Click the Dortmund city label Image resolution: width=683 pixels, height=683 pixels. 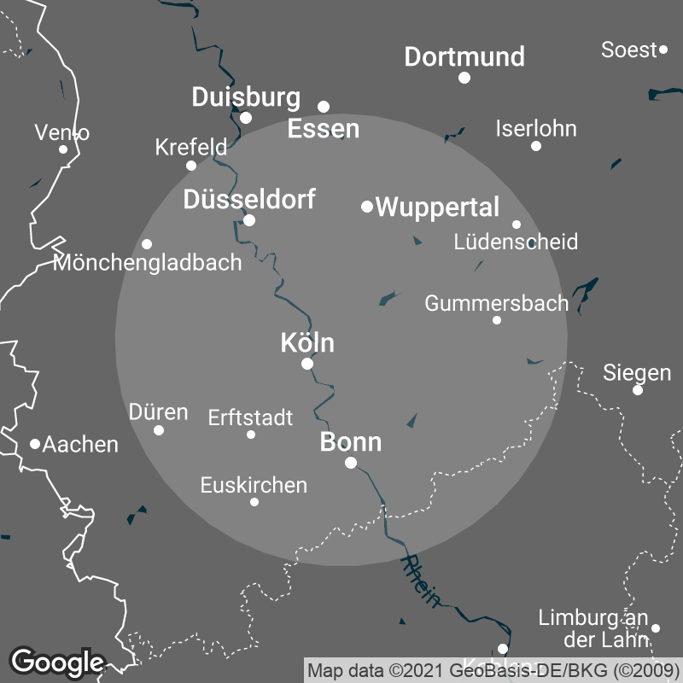[x=464, y=57]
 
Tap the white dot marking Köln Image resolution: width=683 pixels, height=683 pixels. [x=307, y=364]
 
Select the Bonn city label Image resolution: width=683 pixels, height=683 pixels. [x=350, y=442]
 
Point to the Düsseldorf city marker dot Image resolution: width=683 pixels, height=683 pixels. [x=249, y=220]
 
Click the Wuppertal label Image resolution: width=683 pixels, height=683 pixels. [x=437, y=207]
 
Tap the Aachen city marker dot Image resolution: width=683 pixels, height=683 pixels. [x=35, y=444]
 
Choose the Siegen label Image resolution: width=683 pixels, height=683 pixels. [x=637, y=373]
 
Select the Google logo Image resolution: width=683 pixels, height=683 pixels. [x=56, y=662]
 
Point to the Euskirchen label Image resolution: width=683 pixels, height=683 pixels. [x=254, y=485]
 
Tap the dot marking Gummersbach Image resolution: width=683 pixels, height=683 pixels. [x=497, y=320]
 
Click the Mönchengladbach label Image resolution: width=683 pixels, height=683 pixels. [x=148, y=262]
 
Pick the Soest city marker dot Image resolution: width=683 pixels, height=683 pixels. [x=663, y=50]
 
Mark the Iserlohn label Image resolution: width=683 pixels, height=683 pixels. [x=536, y=129]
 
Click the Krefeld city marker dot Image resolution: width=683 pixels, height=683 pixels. [x=191, y=166]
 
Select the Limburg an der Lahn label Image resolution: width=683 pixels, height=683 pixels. [x=594, y=629]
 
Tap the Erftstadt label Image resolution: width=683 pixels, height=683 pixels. [x=250, y=417]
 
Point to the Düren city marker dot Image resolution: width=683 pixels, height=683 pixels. [x=159, y=429]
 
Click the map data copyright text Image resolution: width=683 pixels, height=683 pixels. [x=493, y=669]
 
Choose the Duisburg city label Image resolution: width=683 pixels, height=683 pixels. [x=246, y=97]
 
